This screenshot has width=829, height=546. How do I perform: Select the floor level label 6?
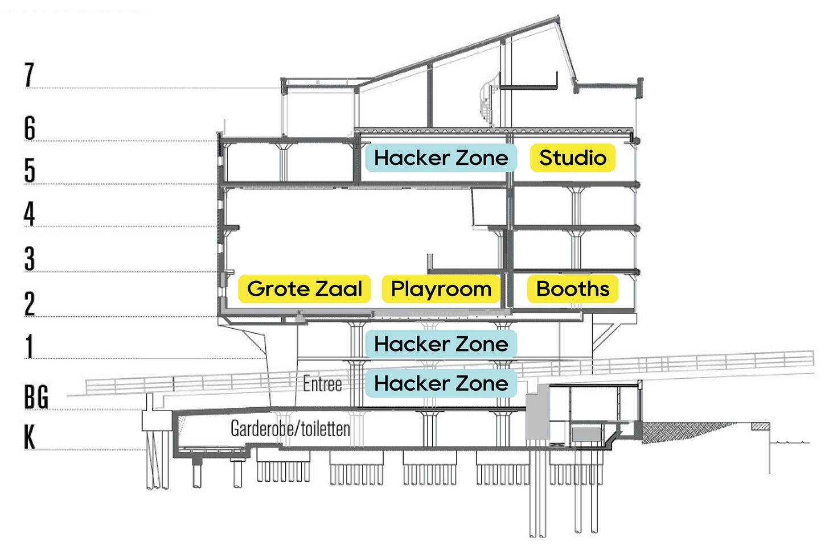(x=30, y=127)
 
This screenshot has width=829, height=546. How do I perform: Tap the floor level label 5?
(x=30, y=170)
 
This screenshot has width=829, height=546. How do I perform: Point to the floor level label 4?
(x=30, y=214)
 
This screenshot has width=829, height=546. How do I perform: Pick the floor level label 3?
(x=30, y=258)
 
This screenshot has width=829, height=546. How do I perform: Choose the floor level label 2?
(x=30, y=303)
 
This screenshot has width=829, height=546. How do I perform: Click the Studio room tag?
(x=573, y=158)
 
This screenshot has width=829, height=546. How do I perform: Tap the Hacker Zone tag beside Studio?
(x=441, y=158)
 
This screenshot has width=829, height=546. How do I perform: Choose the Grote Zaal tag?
(x=305, y=288)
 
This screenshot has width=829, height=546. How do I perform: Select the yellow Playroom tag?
(x=441, y=288)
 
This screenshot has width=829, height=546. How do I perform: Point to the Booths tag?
(x=573, y=288)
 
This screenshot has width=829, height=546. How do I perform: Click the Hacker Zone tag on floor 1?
(x=441, y=344)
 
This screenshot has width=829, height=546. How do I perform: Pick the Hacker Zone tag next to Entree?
(x=441, y=383)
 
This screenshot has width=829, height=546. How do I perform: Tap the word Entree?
(x=323, y=384)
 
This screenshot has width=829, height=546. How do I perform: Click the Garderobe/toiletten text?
(x=290, y=428)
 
